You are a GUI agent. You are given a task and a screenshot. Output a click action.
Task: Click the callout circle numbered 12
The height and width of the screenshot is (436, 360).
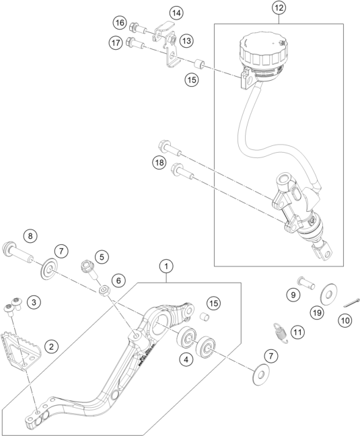[x=279, y=9]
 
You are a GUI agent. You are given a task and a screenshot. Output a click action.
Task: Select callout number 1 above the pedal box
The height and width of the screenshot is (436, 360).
[x=166, y=267]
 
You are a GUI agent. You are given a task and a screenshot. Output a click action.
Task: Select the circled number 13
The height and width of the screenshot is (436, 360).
[x=186, y=41]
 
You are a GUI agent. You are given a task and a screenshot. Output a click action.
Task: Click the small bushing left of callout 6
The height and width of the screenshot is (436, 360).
[x=104, y=291]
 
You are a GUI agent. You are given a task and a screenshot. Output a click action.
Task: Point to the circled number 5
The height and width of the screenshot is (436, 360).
[x=102, y=256]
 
